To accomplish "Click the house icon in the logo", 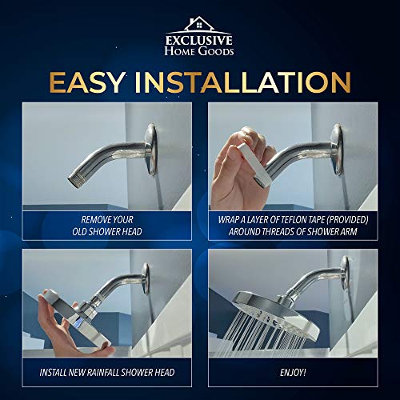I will click(199, 25).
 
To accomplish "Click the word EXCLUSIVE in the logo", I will click(199, 40).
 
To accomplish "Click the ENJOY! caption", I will click(292, 372).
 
